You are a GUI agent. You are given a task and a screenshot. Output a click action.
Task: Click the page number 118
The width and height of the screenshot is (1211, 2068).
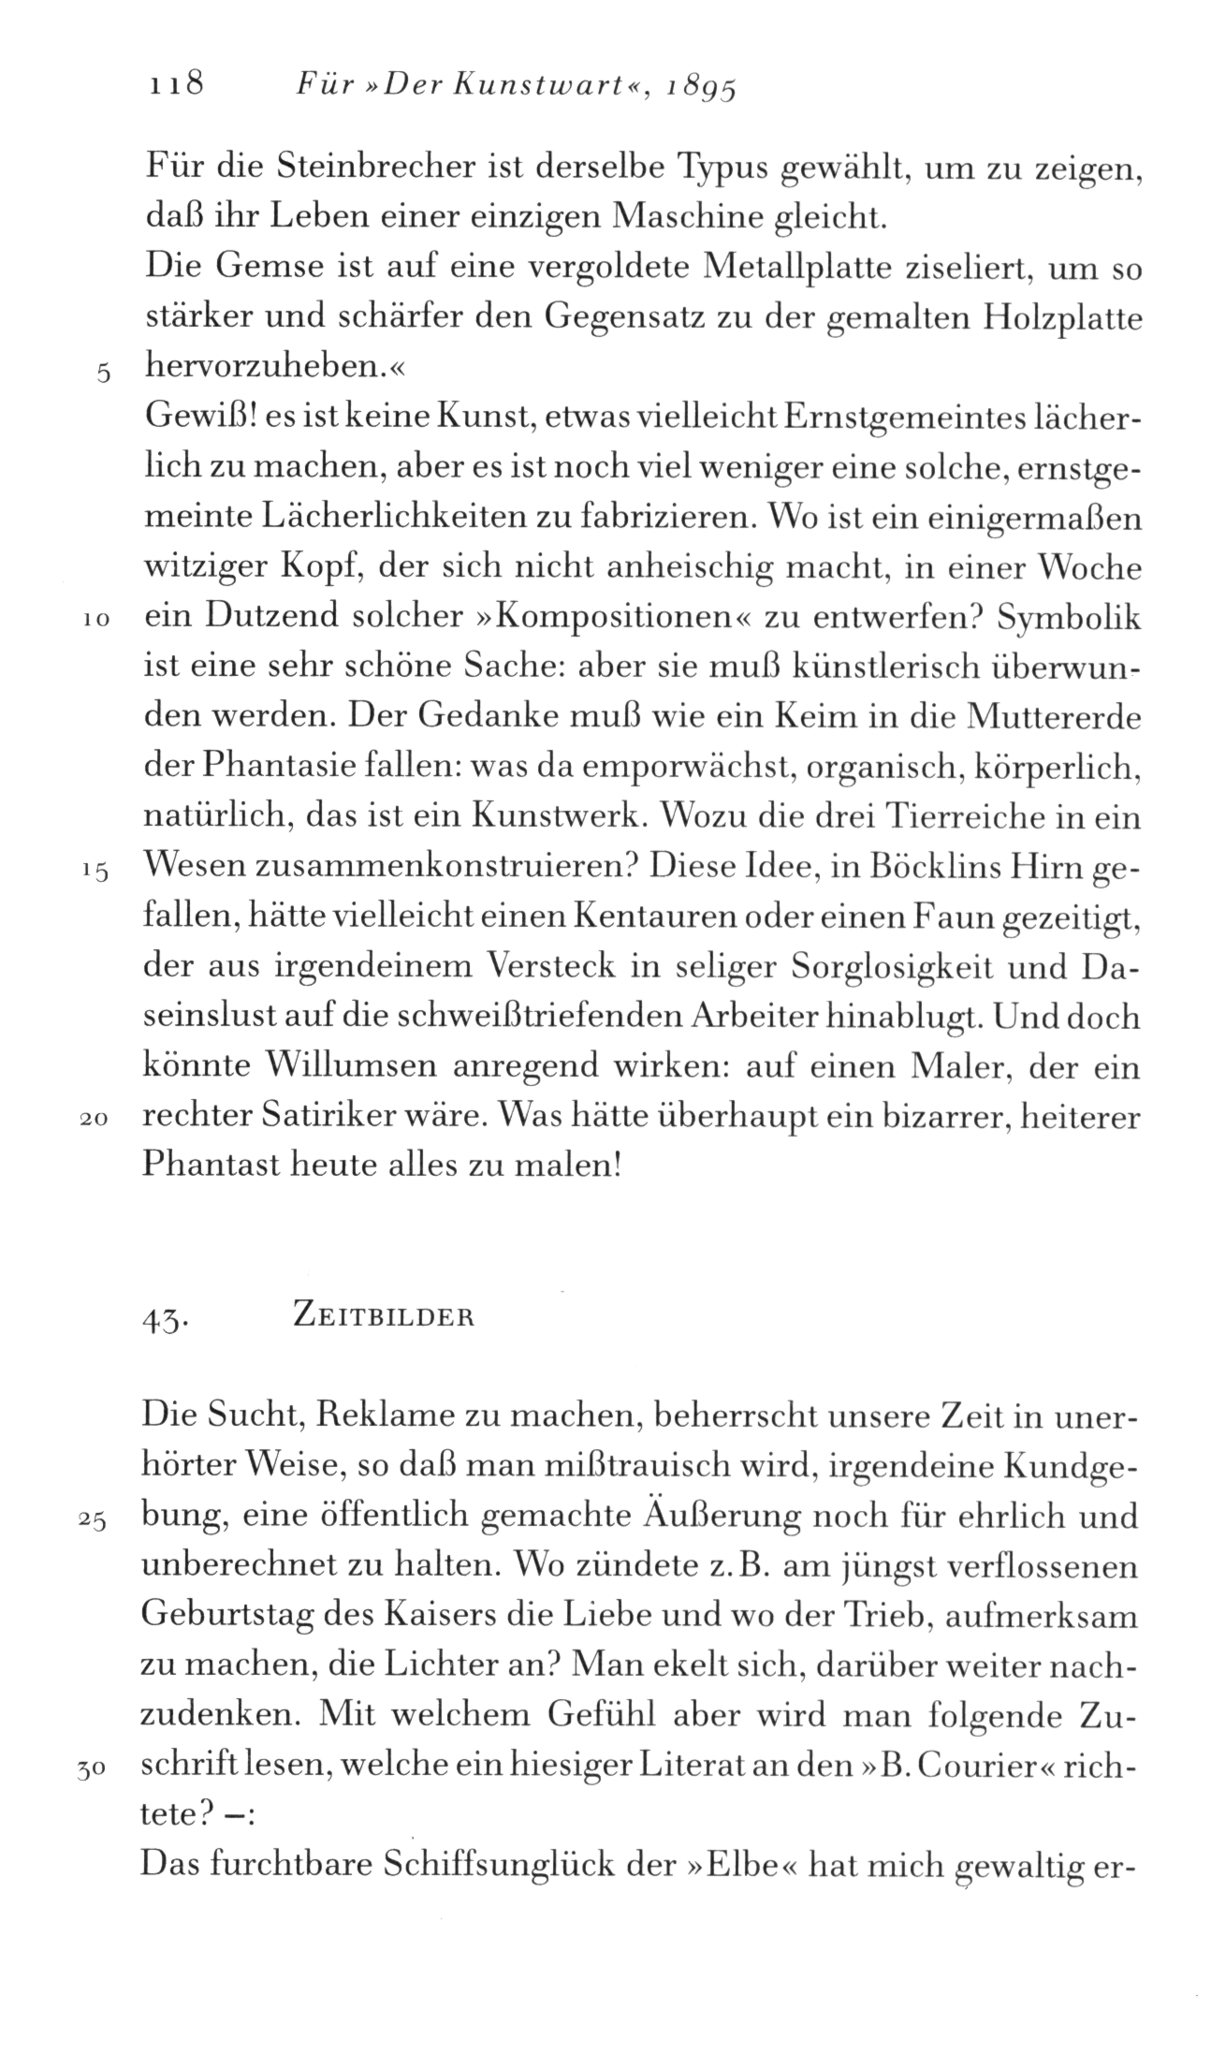click(x=176, y=85)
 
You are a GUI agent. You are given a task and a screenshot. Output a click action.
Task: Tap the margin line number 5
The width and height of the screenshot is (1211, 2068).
click(x=105, y=373)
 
